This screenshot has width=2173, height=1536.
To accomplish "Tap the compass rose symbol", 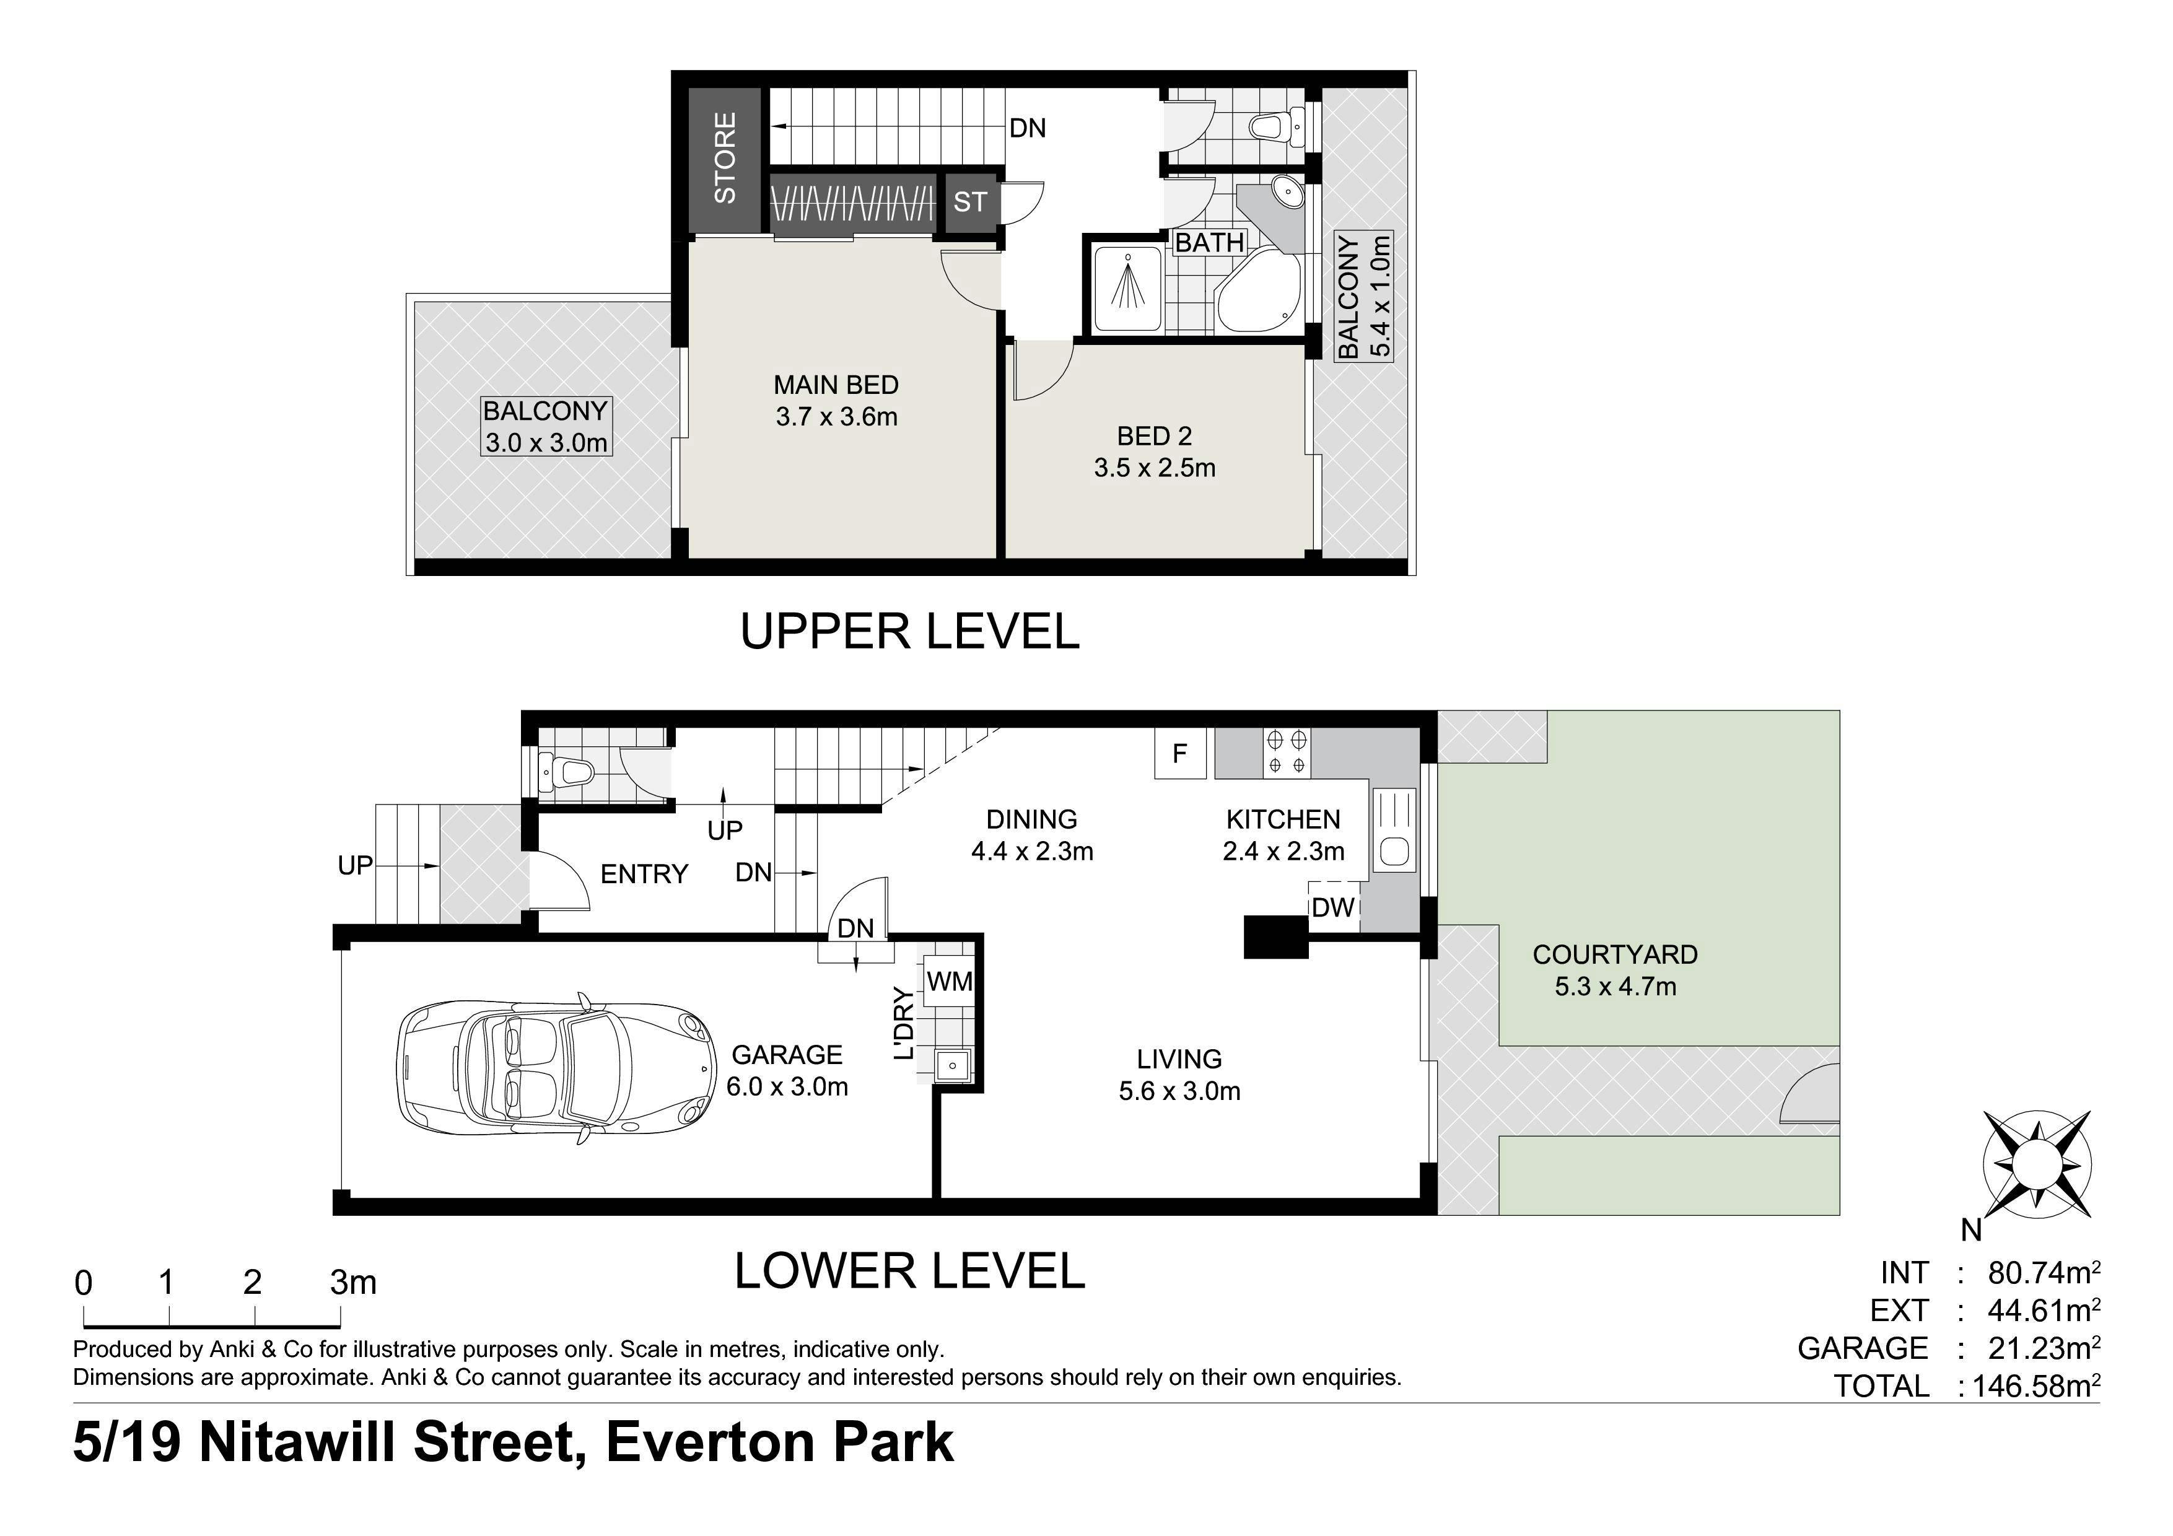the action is pos(2037,1165).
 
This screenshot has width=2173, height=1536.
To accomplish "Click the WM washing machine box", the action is pos(949,982).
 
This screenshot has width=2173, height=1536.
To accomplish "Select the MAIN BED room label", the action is pos(836,385).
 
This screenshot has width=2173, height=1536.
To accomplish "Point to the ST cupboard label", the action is pos(969,201).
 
